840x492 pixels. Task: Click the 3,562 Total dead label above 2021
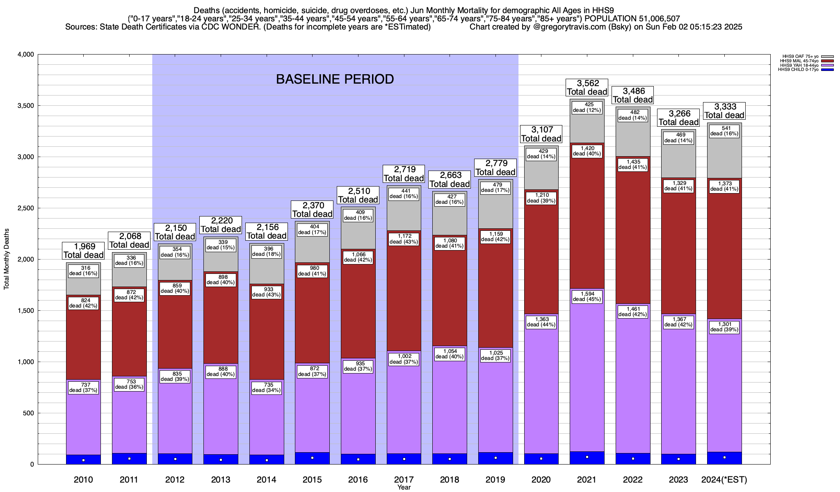[587, 88]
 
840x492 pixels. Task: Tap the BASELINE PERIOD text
[335, 79]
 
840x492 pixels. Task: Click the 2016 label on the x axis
[358, 480]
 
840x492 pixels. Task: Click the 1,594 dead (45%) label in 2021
[587, 296]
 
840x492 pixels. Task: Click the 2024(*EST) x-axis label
[724, 480]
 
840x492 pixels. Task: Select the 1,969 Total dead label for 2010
[83, 251]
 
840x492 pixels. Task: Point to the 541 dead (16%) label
[724, 131]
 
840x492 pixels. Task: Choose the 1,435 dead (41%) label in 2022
[632, 164]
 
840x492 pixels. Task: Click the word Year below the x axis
[404, 487]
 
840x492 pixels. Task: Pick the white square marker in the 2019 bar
[495, 458]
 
